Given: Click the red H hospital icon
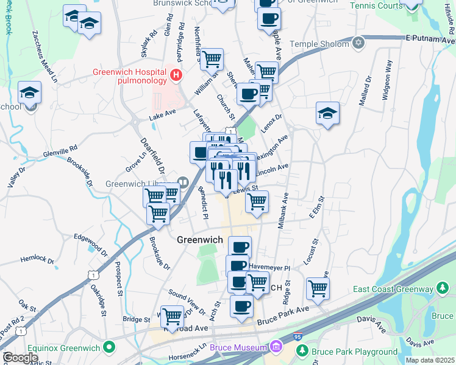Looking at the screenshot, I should (x=176, y=75).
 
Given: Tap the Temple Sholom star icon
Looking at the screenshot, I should (x=359, y=44).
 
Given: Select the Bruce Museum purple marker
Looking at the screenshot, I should (x=277, y=347).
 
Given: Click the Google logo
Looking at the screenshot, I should (x=20, y=358).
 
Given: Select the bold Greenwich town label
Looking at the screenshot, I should (x=199, y=240).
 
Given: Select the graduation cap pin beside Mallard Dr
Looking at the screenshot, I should (x=327, y=113).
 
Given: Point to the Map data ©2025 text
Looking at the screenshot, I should (x=430, y=360).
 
